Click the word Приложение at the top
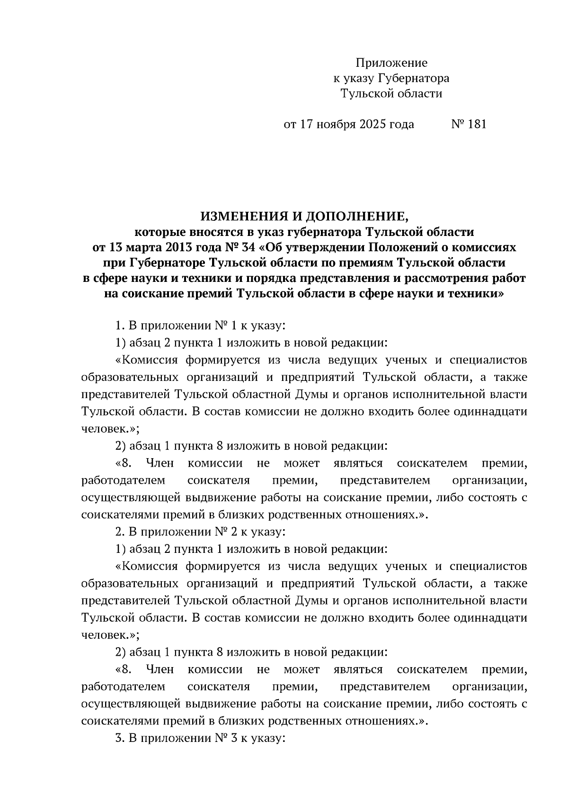point(391,63)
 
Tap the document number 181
point(476,124)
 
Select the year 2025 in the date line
point(373,124)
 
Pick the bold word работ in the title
point(509,278)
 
